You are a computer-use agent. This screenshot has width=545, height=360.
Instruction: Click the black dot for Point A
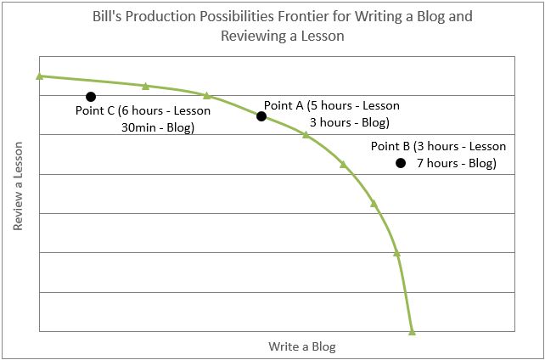(x=261, y=116)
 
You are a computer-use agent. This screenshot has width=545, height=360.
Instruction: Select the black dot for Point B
(x=401, y=163)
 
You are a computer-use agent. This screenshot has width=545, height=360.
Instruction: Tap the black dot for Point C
(x=91, y=97)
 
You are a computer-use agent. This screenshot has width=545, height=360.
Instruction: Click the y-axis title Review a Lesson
(x=18, y=186)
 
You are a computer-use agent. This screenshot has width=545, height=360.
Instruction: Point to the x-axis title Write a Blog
(x=302, y=346)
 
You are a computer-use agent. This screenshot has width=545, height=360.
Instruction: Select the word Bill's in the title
(x=105, y=17)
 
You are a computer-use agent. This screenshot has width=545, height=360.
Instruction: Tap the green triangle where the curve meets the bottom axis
(x=412, y=332)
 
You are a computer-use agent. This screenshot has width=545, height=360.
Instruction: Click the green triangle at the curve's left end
(x=39, y=76)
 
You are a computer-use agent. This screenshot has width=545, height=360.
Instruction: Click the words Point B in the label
(x=390, y=146)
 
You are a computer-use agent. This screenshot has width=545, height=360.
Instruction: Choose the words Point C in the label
(x=95, y=111)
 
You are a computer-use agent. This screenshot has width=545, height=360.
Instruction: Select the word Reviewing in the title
(x=250, y=37)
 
